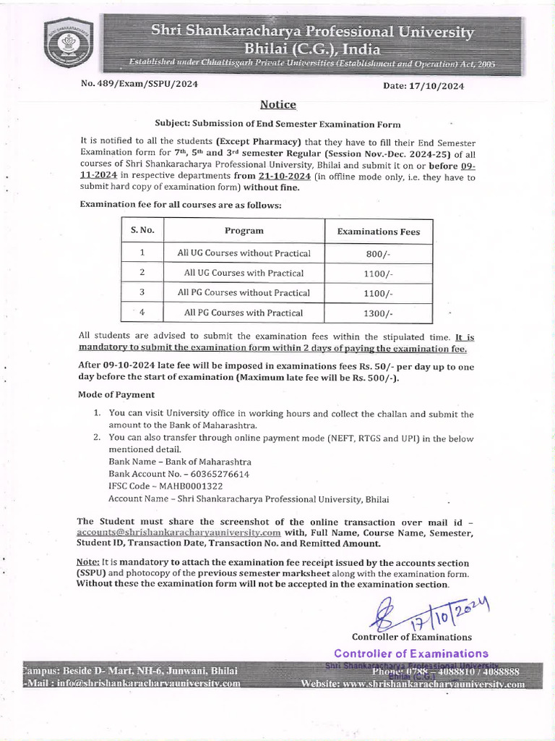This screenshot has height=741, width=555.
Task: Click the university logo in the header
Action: [70, 43]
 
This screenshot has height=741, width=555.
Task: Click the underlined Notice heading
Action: [278, 105]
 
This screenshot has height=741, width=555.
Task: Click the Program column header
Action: [244, 231]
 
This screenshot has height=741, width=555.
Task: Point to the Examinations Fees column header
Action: [379, 232]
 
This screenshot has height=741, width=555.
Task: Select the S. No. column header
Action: [142, 231]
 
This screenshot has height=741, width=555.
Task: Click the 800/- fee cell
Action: [379, 254]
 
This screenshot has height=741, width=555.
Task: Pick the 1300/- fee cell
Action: [379, 313]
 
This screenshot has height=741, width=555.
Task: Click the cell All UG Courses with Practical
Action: [244, 274]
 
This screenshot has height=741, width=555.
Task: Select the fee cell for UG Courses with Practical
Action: [379, 274]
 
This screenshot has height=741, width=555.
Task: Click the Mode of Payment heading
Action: [116, 394]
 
